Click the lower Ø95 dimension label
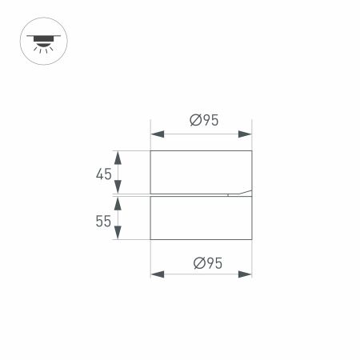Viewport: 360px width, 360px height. tap(205, 262)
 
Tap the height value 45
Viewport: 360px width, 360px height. tap(103, 174)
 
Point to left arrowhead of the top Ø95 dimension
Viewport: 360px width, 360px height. tap(157, 134)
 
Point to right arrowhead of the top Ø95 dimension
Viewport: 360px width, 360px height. tap(246, 134)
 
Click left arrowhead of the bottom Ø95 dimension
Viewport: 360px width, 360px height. tap(157, 274)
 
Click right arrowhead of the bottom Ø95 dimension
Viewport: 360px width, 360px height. tap(246, 274)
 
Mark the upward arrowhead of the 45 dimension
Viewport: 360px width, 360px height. tap(118, 155)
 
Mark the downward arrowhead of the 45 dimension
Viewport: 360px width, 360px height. tap(118, 188)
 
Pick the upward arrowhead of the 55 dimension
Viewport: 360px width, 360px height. tap(118, 202)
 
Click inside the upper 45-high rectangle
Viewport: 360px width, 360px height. tap(201, 170)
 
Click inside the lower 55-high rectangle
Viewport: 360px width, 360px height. tap(201, 218)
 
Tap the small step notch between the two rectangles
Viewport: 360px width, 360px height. tap(229, 194)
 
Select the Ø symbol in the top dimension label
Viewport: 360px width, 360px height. tap(194, 121)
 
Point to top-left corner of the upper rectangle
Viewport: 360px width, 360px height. tap(151, 150)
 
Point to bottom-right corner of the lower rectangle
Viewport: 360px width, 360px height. tap(252, 239)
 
